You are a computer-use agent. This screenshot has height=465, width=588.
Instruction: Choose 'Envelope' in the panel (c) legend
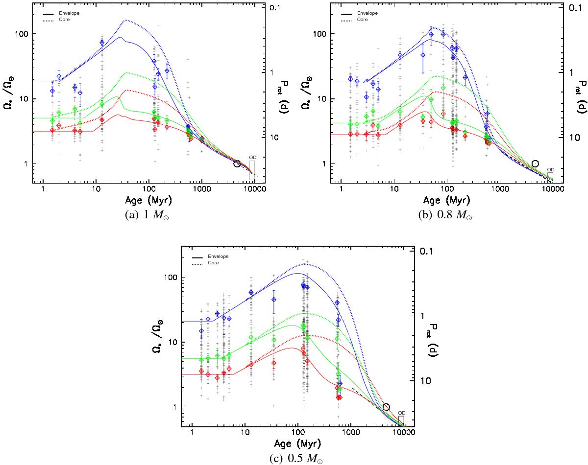(x=218, y=256)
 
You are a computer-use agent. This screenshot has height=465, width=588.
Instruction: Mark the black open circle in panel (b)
(x=535, y=163)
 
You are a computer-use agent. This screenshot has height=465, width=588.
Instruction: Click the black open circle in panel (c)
(x=386, y=407)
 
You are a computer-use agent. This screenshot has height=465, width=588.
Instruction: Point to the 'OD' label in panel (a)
(x=252, y=157)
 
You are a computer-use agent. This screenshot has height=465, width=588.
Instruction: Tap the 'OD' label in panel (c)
(x=401, y=413)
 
